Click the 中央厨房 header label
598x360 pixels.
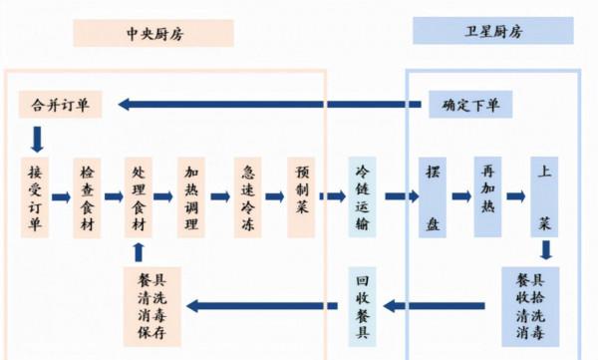tap(152, 33)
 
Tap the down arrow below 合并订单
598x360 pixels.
tap(37, 137)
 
